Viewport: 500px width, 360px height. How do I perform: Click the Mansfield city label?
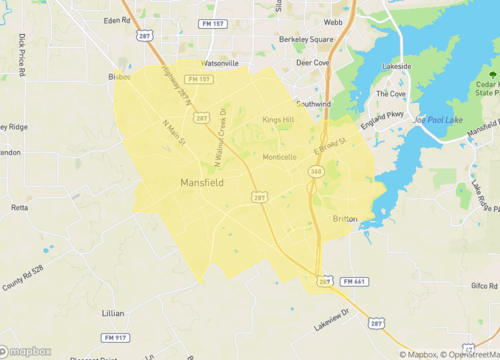(x=203, y=183)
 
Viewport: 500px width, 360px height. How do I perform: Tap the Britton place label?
(x=345, y=218)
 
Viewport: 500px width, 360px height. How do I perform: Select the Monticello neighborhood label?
(x=279, y=157)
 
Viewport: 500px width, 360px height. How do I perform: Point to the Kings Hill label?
(x=278, y=120)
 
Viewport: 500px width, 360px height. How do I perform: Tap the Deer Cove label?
(x=312, y=62)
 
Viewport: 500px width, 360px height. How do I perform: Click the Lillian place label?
(x=112, y=313)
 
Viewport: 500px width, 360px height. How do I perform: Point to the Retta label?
(x=19, y=208)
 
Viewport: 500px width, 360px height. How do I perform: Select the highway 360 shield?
(x=315, y=172)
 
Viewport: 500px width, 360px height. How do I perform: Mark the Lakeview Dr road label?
(x=334, y=320)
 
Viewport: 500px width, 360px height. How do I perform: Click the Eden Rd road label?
(x=117, y=19)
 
